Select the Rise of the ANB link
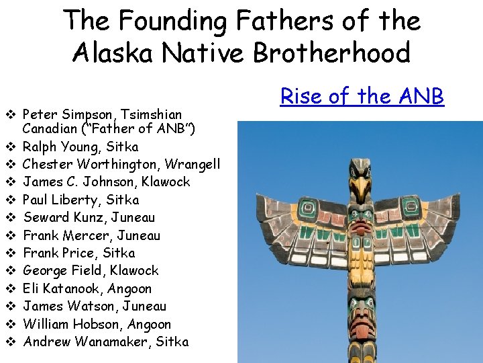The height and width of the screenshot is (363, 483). pos(362,96)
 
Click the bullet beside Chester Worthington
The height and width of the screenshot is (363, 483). pos(11,164)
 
